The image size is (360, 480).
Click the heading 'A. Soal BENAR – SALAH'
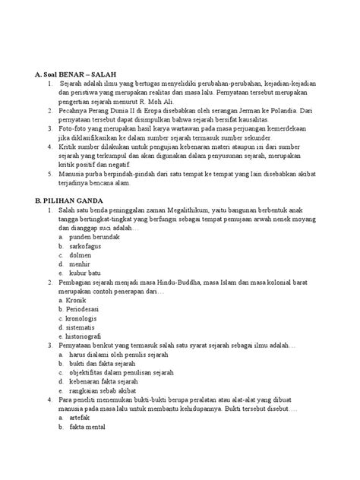coord(72,73)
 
